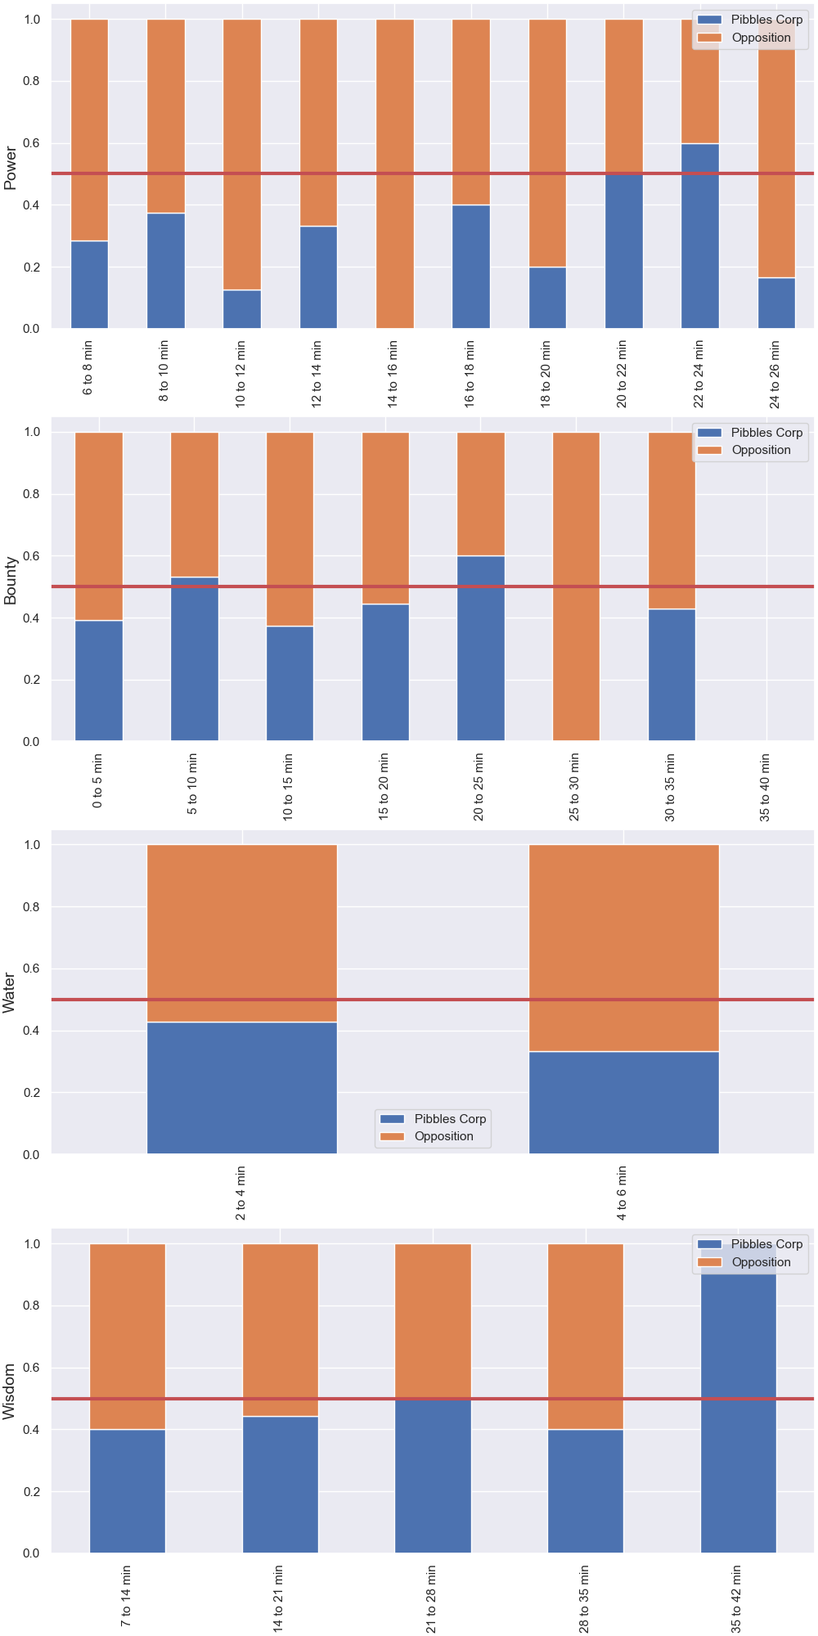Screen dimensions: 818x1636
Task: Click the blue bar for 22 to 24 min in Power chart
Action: (700, 236)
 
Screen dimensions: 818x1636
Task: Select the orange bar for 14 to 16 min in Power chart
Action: (395, 173)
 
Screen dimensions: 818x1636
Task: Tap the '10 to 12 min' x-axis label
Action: (240, 374)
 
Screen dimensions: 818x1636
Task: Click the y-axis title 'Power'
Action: (11, 168)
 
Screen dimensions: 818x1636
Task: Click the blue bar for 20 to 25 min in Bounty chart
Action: (481, 649)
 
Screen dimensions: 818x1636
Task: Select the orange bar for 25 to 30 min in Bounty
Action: (576, 587)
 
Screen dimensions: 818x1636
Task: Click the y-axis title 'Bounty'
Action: (11, 581)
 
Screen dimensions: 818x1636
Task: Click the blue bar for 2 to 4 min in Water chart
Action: (242, 1088)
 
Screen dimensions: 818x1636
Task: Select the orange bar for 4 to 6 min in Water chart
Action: (624, 948)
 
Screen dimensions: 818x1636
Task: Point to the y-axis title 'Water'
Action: (11, 993)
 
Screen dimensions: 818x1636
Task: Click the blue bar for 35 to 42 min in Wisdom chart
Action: (739, 1398)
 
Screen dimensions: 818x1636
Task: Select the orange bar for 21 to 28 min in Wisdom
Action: (434, 1321)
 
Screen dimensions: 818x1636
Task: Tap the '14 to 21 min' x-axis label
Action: (279, 1598)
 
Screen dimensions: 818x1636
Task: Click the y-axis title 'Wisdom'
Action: (11, 1391)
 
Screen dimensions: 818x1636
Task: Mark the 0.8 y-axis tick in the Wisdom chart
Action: (30, 1306)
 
